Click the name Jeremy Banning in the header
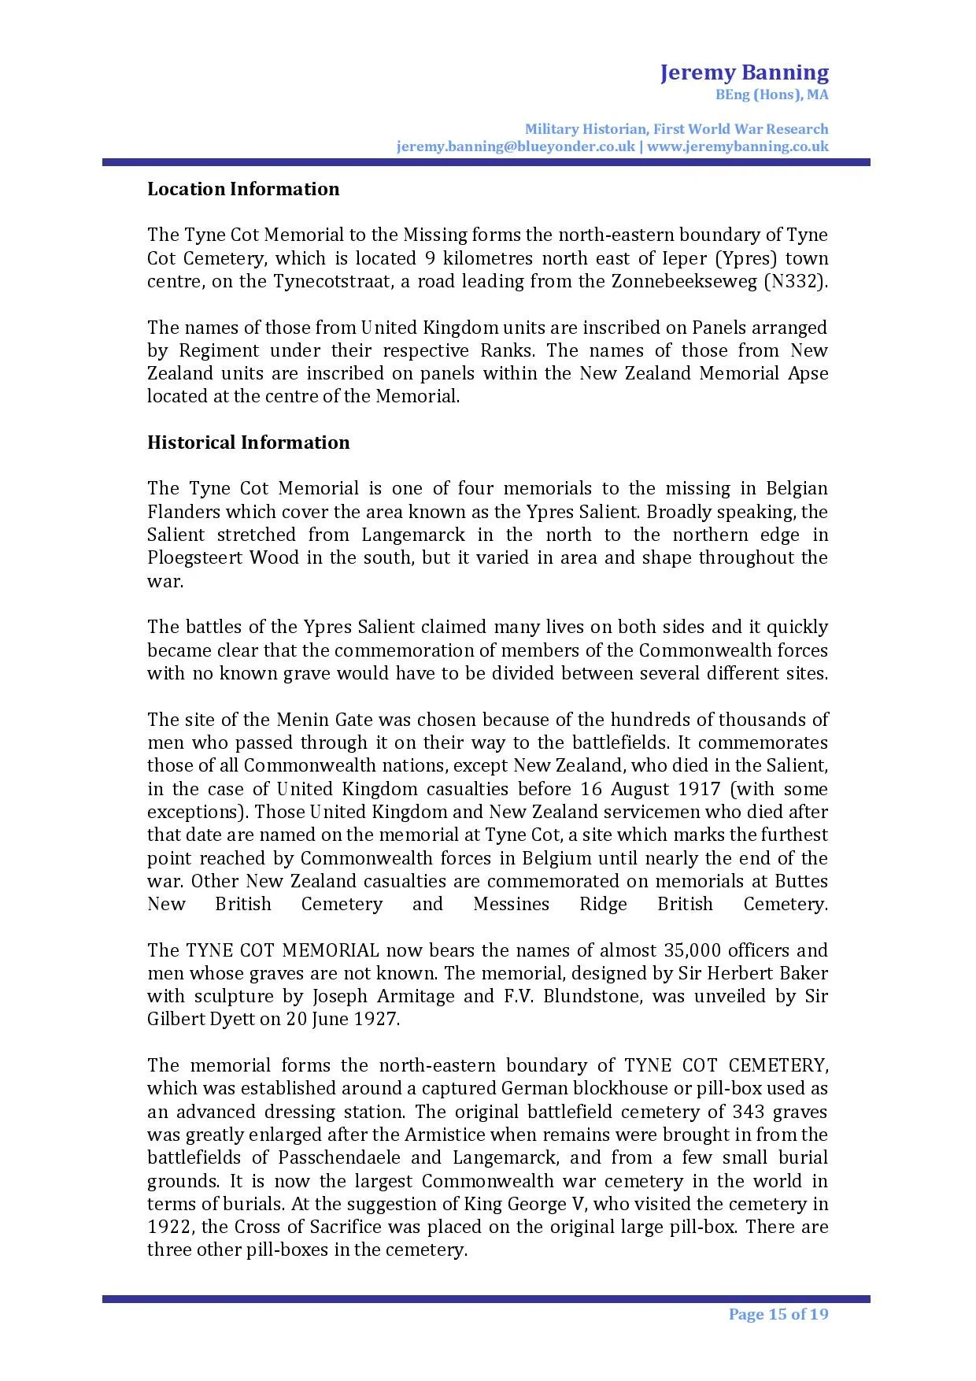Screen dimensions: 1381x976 [x=744, y=73]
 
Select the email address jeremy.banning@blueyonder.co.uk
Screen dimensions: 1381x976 [x=516, y=146]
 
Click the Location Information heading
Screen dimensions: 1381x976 [x=243, y=189]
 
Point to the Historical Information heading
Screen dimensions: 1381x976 [x=248, y=442]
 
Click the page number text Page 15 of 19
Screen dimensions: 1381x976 [x=778, y=1314]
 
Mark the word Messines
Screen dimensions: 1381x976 [x=511, y=904]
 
